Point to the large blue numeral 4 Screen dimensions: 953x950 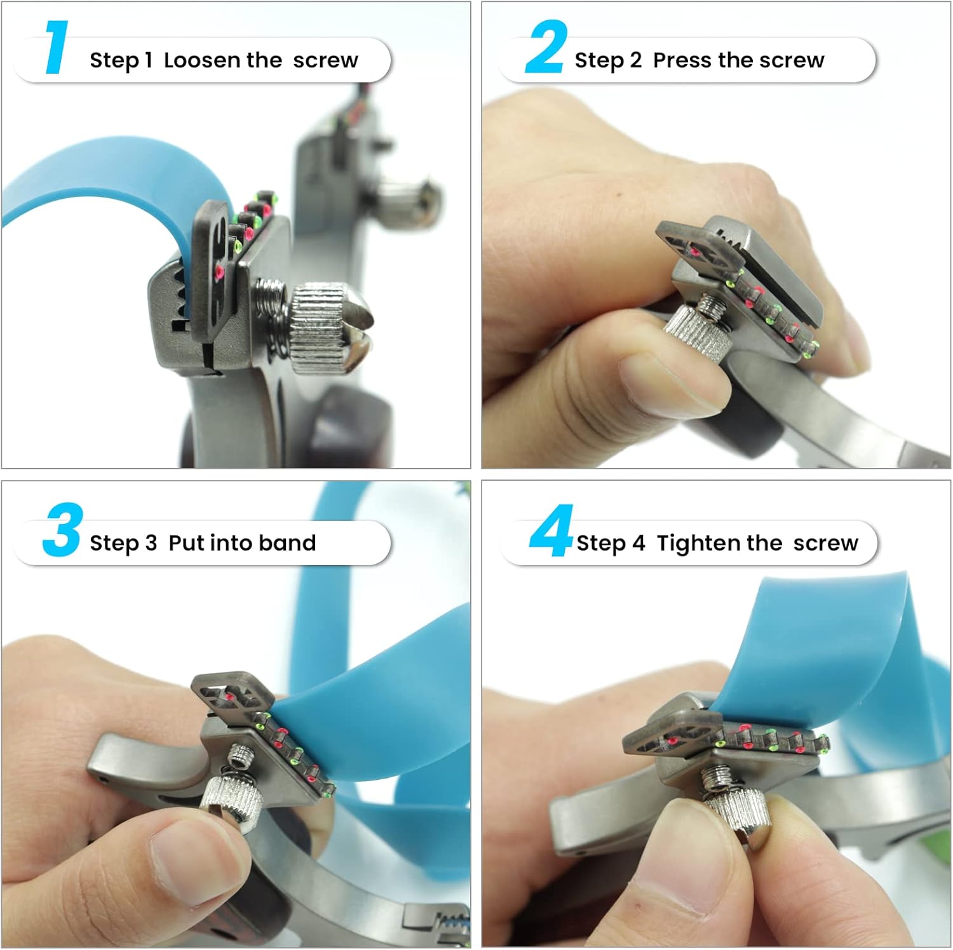pyautogui.click(x=551, y=531)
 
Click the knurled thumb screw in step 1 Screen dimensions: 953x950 pyautogui.click(x=327, y=328)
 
